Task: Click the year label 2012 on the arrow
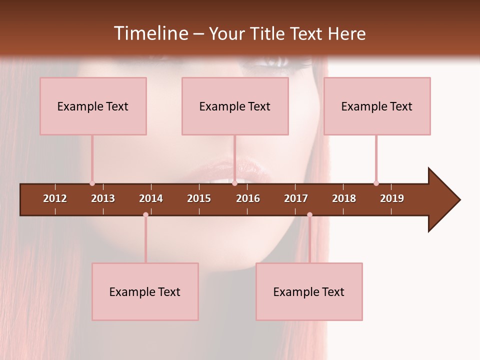[55, 198]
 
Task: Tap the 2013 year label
[103, 198]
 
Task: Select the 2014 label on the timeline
[151, 198]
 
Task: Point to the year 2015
[199, 198]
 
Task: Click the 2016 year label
[248, 198]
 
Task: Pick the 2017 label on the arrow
[296, 198]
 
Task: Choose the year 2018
[344, 198]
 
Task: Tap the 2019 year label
[392, 198]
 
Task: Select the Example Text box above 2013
[93, 106]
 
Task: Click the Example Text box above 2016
[235, 106]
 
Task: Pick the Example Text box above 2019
[377, 106]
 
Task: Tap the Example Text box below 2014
[145, 291]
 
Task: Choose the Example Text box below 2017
[309, 291]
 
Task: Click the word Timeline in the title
[150, 33]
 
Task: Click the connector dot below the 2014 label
[145, 214]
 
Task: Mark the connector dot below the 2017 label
[309, 214]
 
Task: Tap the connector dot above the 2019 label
[376, 183]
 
